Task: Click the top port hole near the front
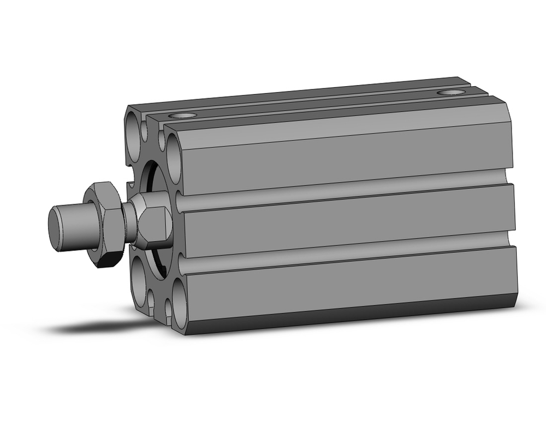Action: [x=182, y=116]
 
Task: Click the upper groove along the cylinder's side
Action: [x=344, y=189]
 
